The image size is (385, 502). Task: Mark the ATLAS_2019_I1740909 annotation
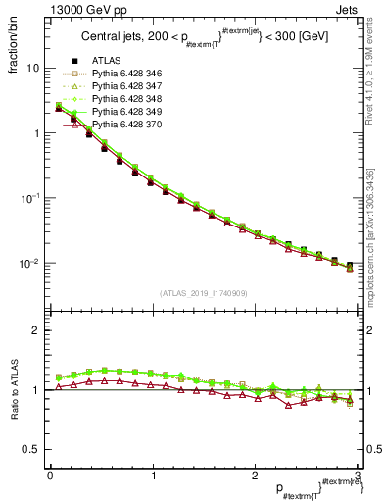click(x=203, y=293)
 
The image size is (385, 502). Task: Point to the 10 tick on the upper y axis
click(x=33, y=69)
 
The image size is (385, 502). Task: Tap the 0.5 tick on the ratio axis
click(x=31, y=449)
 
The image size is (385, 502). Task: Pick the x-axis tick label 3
click(x=358, y=475)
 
